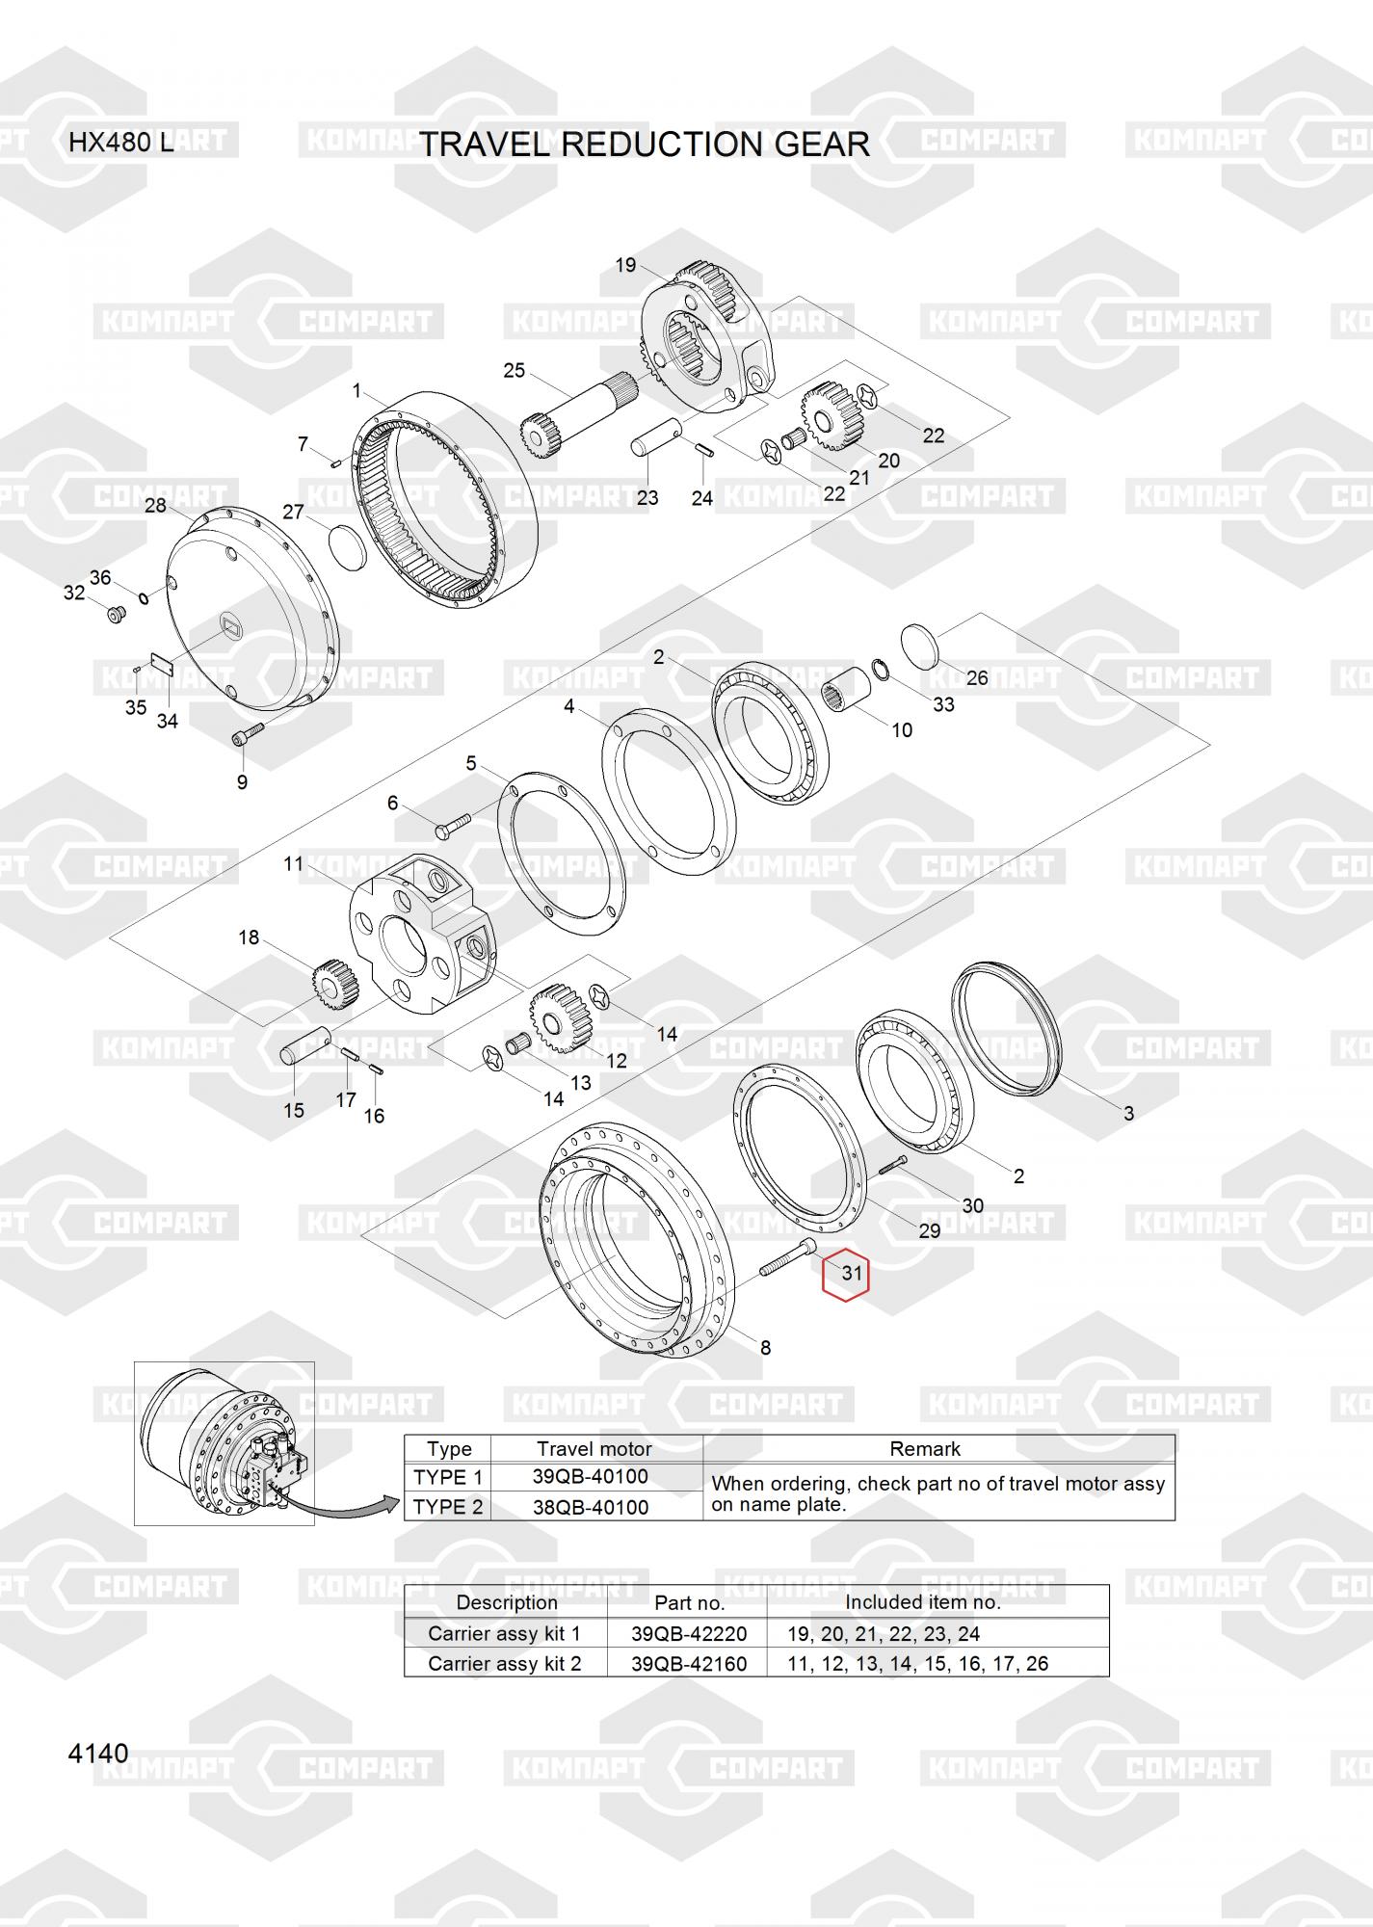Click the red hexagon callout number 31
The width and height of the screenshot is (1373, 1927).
click(x=845, y=1277)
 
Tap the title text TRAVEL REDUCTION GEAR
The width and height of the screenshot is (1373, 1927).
click(x=645, y=144)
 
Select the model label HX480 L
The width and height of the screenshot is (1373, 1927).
click(x=121, y=143)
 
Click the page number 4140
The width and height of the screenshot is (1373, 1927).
click(x=98, y=1753)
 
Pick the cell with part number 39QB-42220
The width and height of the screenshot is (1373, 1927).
click(x=688, y=1634)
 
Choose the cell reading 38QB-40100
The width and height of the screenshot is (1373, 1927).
click(x=591, y=1507)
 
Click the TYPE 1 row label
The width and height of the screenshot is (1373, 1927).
click(x=448, y=1477)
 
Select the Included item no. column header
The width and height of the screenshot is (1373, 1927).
click(x=923, y=1602)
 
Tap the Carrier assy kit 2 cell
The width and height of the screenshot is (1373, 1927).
click(x=505, y=1664)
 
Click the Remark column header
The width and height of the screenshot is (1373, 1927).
click(x=925, y=1449)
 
